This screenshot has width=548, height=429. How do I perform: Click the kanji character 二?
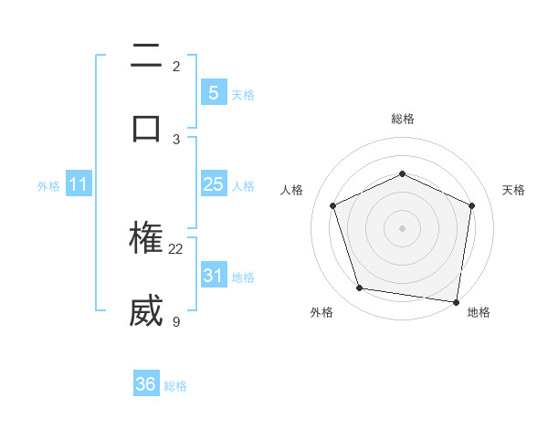146,57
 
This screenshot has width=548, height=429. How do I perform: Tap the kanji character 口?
146,128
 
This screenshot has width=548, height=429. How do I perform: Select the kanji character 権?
146,239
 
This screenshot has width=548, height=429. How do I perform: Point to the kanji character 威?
146,311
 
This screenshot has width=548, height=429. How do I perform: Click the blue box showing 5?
213,93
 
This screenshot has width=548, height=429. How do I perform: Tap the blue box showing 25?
213,184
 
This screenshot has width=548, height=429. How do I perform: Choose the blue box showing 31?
213,276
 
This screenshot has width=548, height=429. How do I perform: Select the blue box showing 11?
78,185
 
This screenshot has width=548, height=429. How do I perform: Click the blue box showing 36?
146,384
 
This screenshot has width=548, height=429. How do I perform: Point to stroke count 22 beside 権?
176,248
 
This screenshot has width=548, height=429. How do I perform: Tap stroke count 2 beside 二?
176,66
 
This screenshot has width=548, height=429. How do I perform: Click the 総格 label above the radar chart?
402,119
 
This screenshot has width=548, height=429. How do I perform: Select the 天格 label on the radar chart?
514,190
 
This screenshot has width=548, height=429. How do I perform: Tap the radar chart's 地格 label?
479,313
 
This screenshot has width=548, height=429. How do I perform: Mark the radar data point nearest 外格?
360,288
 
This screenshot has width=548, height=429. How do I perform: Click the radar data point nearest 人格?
333,205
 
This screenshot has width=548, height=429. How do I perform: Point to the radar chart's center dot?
402,228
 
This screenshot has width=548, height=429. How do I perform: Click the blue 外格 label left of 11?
48,186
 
